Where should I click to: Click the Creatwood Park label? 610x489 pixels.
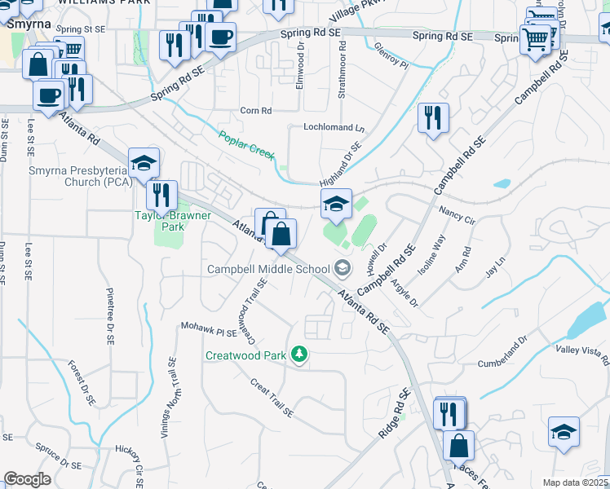point(248,355)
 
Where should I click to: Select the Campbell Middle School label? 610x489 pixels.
point(268,269)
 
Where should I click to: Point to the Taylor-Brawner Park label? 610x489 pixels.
point(173,222)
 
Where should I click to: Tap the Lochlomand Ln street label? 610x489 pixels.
point(334,128)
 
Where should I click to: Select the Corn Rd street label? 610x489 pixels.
point(255,110)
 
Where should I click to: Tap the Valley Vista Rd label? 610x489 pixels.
point(582,350)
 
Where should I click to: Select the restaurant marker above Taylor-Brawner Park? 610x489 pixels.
point(162,195)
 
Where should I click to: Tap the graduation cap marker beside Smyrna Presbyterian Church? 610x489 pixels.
point(144,162)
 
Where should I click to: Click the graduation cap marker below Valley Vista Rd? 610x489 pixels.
point(563,432)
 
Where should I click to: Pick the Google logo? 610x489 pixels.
point(27,479)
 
